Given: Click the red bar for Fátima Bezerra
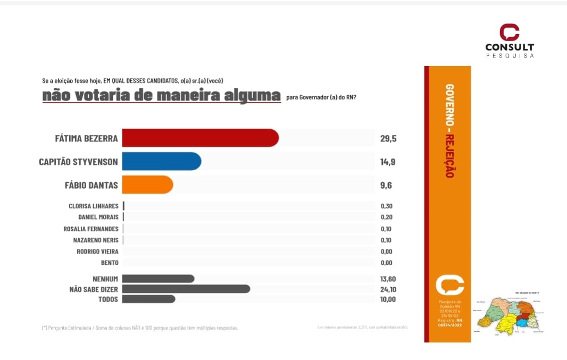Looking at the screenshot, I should click(200, 138).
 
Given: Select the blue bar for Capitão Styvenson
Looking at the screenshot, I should click(161, 162).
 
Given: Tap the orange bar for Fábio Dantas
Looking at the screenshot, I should click(147, 185).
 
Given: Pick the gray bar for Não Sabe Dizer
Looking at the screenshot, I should click(186, 289).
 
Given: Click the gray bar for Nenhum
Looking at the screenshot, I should click(158, 279).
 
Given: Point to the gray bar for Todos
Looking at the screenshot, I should click(148, 299).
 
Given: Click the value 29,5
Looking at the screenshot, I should click(388, 139).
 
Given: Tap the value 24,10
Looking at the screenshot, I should click(388, 289).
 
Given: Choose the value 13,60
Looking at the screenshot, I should click(388, 279).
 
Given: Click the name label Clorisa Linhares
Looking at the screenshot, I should click(94, 206).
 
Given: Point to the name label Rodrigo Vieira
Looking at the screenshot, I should click(98, 252).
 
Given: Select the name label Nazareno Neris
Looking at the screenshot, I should click(96, 240).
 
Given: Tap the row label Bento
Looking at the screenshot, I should click(110, 263).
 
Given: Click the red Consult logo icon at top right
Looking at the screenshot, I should click(509, 32).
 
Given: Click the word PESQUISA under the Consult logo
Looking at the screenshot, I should click(510, 55).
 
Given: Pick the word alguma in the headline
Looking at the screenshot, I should click(254, 96).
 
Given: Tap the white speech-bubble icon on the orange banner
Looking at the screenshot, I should click(449, 285).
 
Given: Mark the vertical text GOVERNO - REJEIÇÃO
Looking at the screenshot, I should click(449, 131).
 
